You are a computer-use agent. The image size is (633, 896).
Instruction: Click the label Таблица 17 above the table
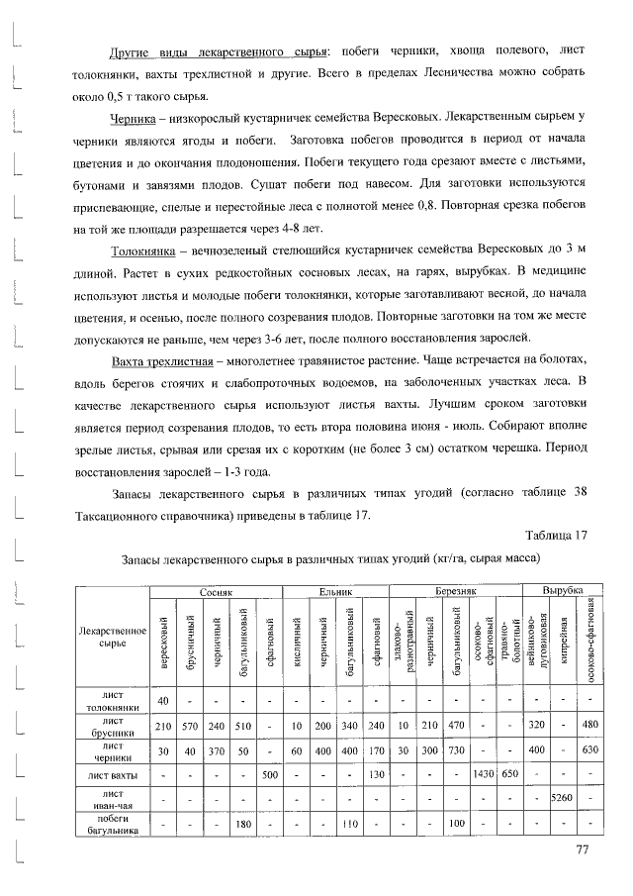[x=547, y=536]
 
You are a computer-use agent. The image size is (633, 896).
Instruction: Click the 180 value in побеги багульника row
[x=240, y=823]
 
